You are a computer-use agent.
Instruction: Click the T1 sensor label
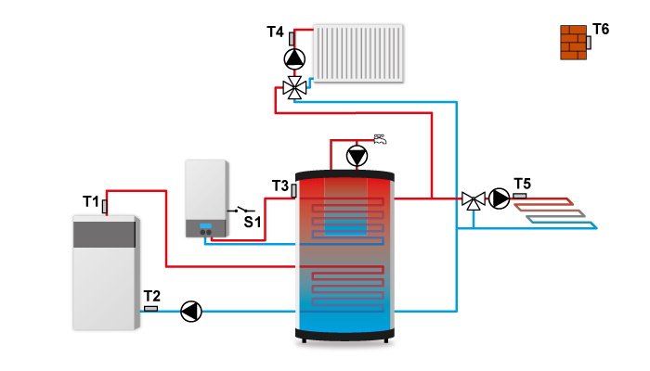[90, 201]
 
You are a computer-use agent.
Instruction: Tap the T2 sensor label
[151, 297]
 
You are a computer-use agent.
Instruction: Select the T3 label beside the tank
[280, 186]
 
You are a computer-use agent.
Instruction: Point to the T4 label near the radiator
[275, 32]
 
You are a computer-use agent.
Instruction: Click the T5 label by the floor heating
[522, 183]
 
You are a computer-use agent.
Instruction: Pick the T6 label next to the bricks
[601, 30]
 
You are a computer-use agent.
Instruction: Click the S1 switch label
[253, 222]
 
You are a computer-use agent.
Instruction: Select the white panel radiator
[358, 54]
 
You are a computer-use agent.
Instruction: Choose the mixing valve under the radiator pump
[294, 89]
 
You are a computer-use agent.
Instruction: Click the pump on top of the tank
[357, 156]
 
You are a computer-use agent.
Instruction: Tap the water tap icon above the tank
[379, 139]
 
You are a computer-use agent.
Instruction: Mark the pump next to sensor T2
[191, 311]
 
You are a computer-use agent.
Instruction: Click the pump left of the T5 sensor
[500, 198]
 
